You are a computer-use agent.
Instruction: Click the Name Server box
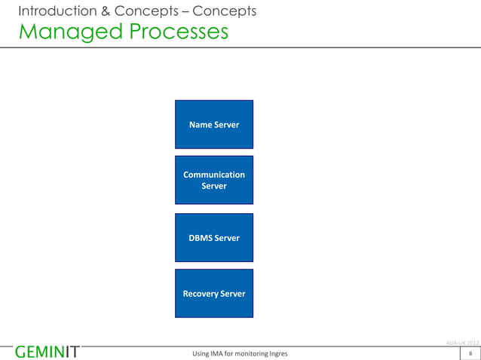[214, 124]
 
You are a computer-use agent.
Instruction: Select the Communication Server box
[214, 180]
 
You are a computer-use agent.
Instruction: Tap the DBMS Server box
[214, 238]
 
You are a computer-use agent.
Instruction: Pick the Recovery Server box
[214, 294]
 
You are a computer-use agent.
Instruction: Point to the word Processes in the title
[173, 32]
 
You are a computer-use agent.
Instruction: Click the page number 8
[470, 353]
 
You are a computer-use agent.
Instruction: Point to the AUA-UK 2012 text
[462, 343]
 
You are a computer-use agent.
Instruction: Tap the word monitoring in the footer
[248, 353]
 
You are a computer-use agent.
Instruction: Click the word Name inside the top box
[201, 124]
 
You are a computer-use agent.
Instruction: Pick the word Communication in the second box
[214, 175]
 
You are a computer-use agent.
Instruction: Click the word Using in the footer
[203, 353]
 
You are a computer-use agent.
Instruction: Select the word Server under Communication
[214, 186]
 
